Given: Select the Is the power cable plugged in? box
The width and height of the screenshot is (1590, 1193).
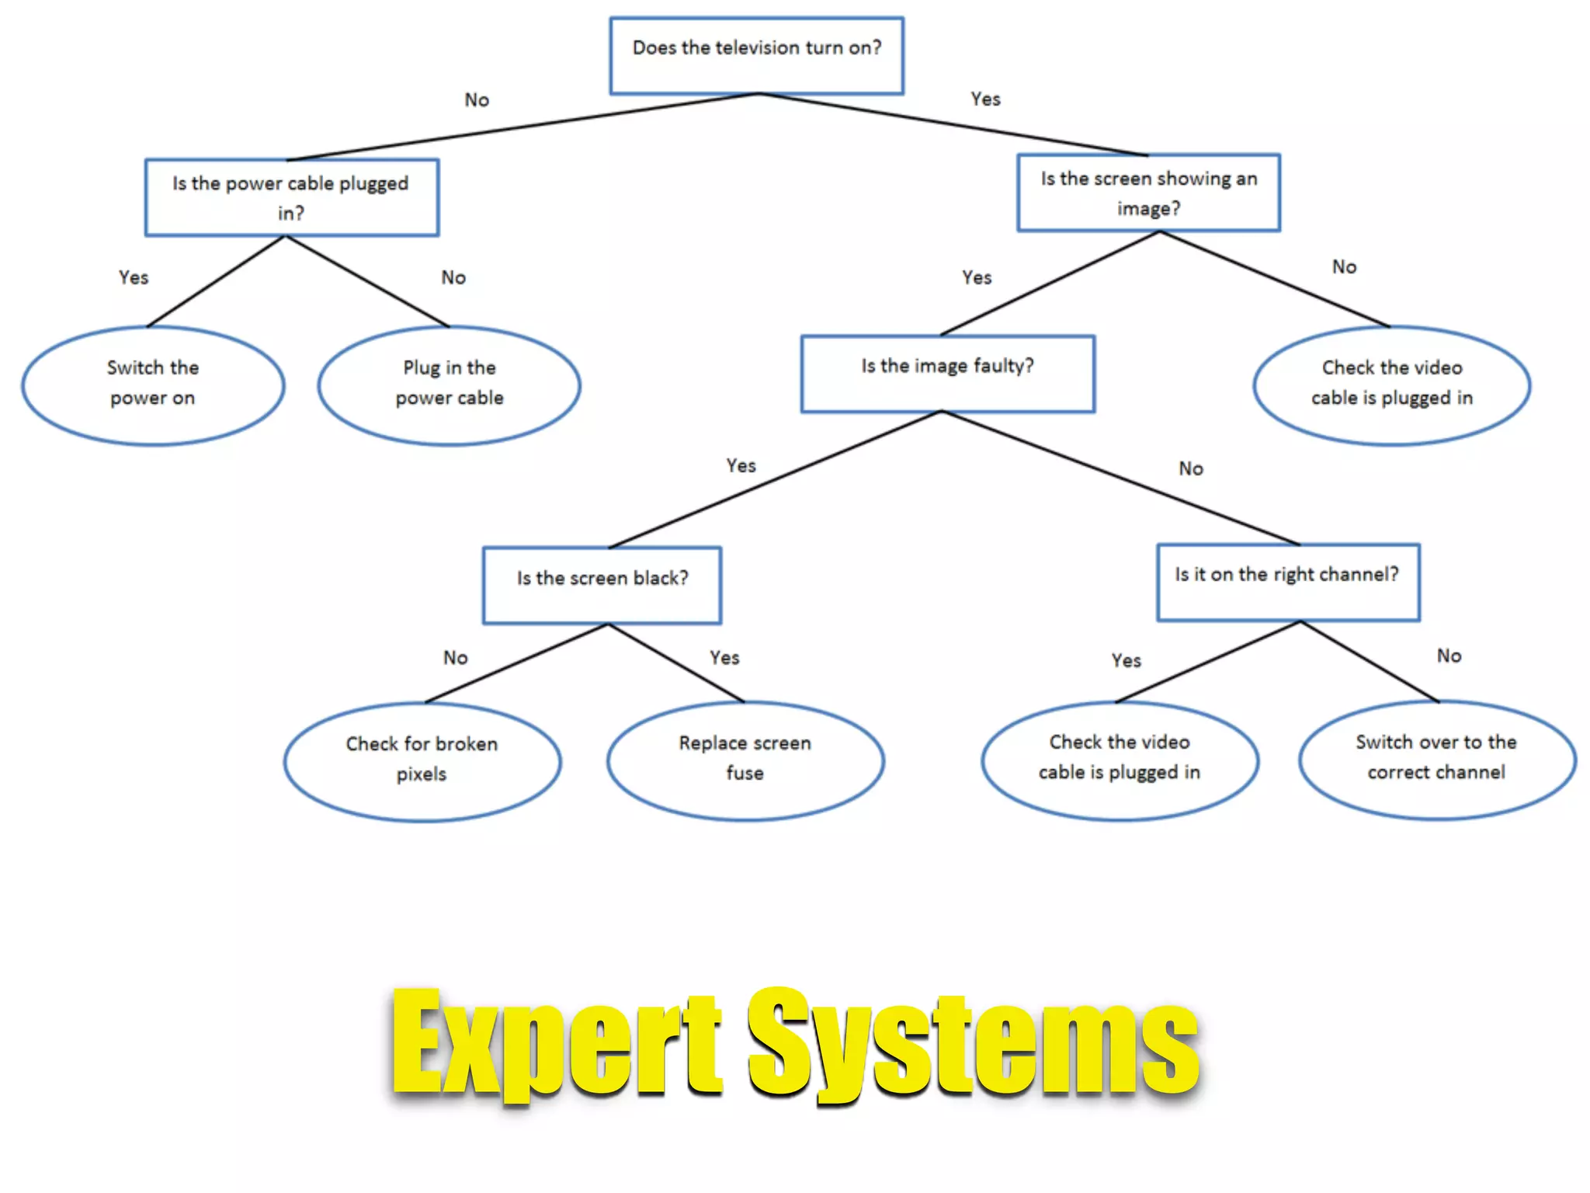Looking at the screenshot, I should pyautogui.click(x=291, y=197).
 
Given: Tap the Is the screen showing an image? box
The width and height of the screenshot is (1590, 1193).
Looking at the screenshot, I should pyautogui.click(x=1148, y=193).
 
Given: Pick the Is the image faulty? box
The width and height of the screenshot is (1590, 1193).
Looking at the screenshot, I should pyautogui.click(x=947, y=374).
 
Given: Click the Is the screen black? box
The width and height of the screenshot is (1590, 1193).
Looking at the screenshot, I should pyautogui.click(x=602, y=585).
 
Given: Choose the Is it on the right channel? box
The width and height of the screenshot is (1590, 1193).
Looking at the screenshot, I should pyautogui.click(x=1288, y=582).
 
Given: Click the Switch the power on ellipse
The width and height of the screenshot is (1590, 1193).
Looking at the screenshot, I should pyautogui.click(x=153, y=385).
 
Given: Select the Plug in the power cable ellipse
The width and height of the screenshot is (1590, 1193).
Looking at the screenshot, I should pyautogui.click(x=449, y=385).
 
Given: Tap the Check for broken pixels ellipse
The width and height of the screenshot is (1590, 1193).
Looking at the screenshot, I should pyautogui.click(x=422, y=761).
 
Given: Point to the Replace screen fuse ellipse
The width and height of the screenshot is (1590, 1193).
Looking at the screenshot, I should pyautogui.click(x=745, y=760).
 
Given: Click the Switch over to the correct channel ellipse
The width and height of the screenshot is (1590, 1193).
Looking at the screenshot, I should pyautogui.click(x=1436, y=759).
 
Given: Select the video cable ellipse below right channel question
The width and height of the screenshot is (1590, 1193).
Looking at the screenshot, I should pyautogui.click(x=1119, y=759).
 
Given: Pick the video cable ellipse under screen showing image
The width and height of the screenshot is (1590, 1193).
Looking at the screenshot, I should pyautogui.click(x=1391, y=385).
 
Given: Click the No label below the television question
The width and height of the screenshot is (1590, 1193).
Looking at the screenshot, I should pyautogui.click(x=477, y=100).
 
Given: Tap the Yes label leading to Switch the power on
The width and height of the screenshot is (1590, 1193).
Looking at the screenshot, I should pyautogui.click(x=134, y=277).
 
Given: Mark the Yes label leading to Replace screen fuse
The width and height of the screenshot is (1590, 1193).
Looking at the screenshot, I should pyautogui.click(x=724, y=658).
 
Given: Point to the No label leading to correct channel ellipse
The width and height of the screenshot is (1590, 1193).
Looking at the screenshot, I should pyautogui.click(x=1449, y=656).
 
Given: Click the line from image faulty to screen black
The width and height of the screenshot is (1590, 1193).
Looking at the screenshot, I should pyautogui.click(x=776, y=479).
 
